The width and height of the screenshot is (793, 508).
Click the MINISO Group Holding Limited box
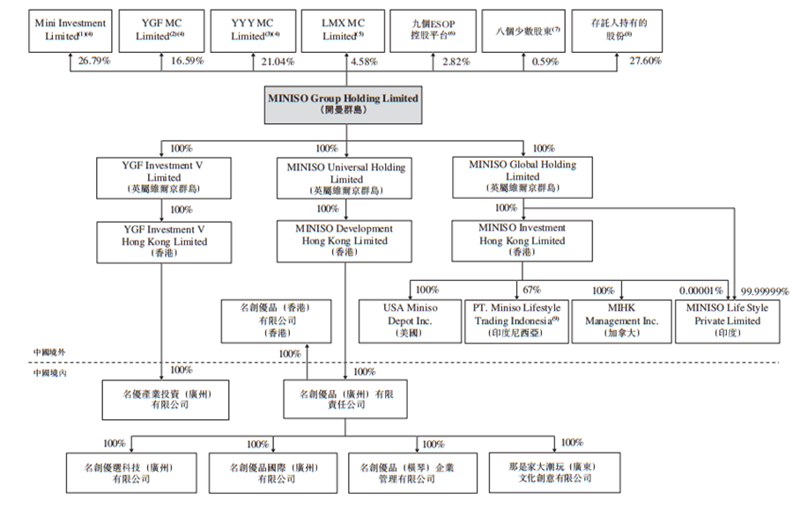click(x=343, y=105)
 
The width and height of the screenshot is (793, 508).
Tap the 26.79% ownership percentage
click(x=94, y=62)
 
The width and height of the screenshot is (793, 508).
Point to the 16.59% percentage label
click(x=187, y=62)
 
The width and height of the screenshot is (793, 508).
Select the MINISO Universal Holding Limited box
click(x=346, y=179)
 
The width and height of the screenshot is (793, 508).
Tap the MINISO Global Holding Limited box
click(x=522, y=177)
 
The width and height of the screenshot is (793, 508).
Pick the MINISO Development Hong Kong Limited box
click(x=346, y=240)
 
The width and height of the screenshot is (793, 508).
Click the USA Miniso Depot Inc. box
click(x=410, y=320)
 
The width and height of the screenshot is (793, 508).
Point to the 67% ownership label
click(x=531, y=289)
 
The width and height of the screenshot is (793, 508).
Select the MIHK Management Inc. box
click(x=622, y=320)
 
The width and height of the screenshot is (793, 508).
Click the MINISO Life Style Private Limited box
click(x=727, y=320)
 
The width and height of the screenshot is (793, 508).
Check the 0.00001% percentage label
click(x=701, y=290)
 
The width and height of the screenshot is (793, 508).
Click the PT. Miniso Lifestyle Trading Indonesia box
click(x=517, y=320)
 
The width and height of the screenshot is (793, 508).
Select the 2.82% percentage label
click(x=455, y=62)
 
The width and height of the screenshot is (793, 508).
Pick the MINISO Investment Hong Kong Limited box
click(x=522, y=240)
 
